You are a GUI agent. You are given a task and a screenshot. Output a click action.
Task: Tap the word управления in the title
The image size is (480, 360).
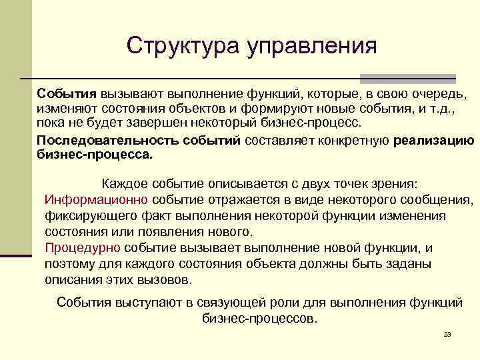coord(312,46)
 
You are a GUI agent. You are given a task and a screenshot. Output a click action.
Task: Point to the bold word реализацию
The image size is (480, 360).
coord(434,141)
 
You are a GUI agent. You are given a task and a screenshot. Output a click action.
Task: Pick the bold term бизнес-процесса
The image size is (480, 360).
coord(95,156)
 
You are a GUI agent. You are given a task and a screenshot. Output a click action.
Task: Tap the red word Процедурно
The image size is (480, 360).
coord(83,248)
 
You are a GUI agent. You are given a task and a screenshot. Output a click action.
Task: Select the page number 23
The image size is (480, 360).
coord(447,335)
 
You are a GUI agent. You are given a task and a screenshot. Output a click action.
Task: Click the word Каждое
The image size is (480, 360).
coord(125,183)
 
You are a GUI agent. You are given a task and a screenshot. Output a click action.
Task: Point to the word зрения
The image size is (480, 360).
coord(394,183)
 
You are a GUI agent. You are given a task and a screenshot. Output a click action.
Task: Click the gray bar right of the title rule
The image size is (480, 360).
coord(408,78)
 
